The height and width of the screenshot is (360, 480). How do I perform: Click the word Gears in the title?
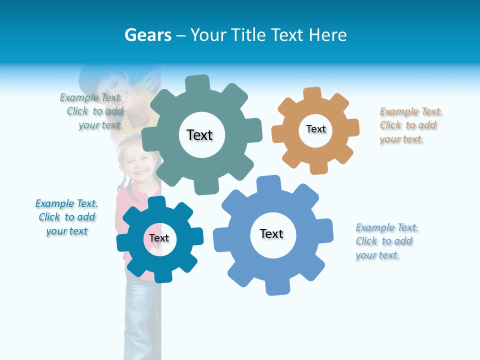click(148, 35)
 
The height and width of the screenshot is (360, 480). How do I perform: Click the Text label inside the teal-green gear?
click(199, 135)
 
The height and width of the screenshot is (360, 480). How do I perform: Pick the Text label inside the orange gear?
click(316, 129)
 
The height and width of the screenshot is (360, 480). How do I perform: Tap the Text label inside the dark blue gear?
click(159, 238)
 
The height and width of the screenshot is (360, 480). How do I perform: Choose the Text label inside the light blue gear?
click(271, 233)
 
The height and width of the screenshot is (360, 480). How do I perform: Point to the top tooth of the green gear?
click(197, 83)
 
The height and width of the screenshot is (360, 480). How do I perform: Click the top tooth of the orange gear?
click(312, 93)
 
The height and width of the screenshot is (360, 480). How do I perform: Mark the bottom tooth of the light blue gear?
click(277, 287)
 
